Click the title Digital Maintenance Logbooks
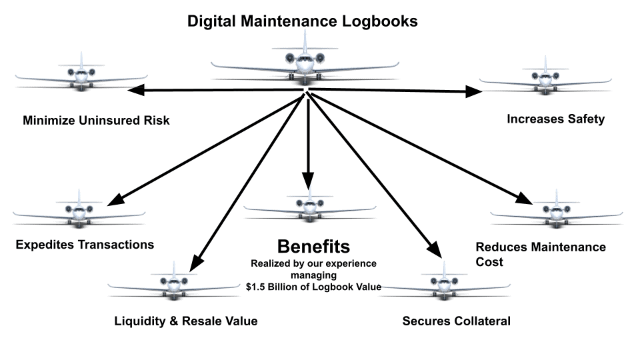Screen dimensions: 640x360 point(303,21)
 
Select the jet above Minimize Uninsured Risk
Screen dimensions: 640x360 point(81,73)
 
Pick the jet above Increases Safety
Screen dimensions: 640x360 point(545,77)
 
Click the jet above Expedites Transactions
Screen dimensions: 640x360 point(79,210)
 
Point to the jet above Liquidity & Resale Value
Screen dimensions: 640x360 point(174,283)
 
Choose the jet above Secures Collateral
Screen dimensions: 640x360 point(444,283)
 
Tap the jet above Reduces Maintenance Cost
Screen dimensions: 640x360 point(556,210)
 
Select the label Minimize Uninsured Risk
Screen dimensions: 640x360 point(96,121)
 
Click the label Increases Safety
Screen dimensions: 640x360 point(555,119)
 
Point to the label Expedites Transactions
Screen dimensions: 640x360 point(85,245)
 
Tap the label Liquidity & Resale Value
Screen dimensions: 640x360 point(186,321)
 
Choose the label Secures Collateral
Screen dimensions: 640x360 point(456,321)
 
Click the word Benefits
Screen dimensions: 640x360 point(313,247)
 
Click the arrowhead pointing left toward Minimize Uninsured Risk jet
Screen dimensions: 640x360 point(136,90)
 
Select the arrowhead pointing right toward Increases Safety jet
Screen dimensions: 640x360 point(474,91)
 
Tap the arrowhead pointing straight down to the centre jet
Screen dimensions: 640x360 point(308,181)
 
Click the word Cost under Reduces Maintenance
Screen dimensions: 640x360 point(489,262)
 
